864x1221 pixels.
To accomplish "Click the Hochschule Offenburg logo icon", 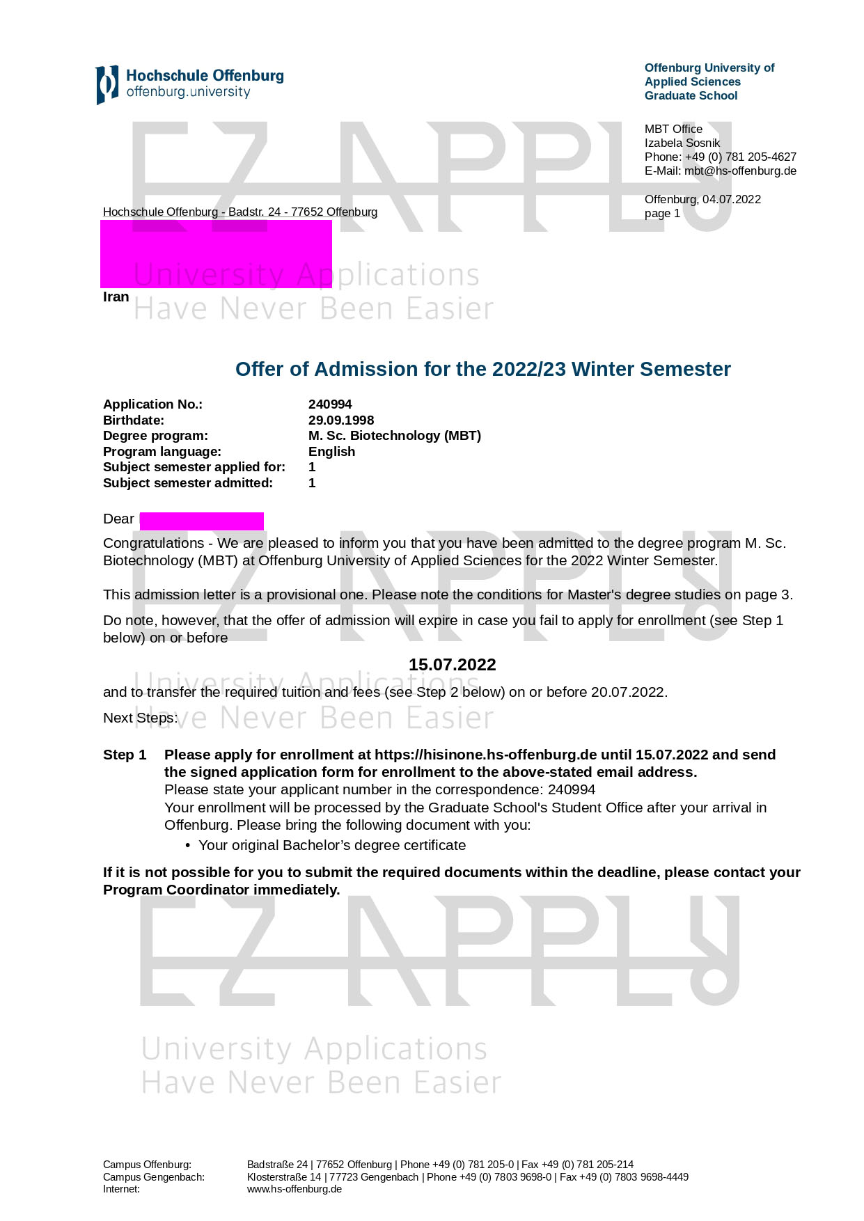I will pyautogui.click(x=107, y=85).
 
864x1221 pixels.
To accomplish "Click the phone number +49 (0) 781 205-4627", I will pyautogui.click(x=740, y=157).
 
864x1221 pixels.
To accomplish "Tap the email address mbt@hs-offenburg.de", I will pyautogui.click(x=740, y=171).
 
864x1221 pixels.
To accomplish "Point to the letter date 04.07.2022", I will pyautogui.click(x=731, y=200).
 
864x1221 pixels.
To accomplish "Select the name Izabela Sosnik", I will pyautogui.click(x=682, y=143).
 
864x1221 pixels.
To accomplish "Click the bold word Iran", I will pyautogui.click(x=116, y=297).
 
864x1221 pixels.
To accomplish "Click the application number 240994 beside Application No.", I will pyautogui.click(x=330, y=404).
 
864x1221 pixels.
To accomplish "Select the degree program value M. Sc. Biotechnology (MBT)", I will pyautogui.click(x=394, y=436).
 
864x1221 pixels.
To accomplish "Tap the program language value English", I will pyautogui.click(x=331, y=452).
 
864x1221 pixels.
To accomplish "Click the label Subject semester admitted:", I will pyautogui.click(x=188, y=483).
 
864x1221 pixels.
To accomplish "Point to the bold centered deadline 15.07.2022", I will pyautogui.click(x=452, y=665).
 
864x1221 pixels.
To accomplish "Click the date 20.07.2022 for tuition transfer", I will pyautogui.click(x=628, y=693).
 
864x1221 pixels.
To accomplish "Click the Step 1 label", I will pyautogui.click(x=125, y=755).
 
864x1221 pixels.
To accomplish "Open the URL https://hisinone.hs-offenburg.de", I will pyautogui.click(x=485, y=755).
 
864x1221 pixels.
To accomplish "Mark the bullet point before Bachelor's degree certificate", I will pyautogui.click(x=188, y=846).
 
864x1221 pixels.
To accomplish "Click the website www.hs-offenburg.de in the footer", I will pyautogui.click(x=294, y=1189).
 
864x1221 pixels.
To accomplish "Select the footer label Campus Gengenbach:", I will pyautogui.click(x=154, y=1177).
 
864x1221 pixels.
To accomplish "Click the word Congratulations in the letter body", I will pyautogui.click(x=154, y=544).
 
